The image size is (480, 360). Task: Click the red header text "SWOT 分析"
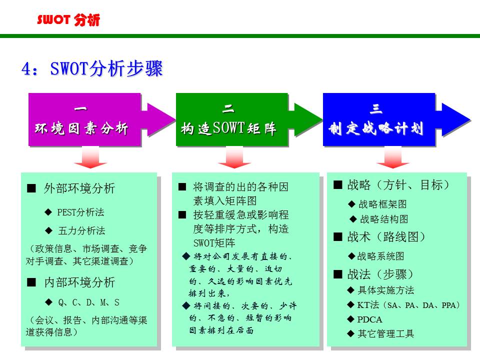68,20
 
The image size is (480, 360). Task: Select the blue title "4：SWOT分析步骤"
92,69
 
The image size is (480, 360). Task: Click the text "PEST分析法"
80,212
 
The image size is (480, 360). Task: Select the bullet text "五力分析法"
81,230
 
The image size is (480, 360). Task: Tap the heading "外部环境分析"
79,188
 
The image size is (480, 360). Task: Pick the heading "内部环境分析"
79,282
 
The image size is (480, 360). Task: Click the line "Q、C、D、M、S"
88,302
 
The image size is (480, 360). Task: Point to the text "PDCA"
369,319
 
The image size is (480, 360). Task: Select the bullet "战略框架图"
382,204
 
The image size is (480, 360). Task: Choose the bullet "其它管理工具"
385,333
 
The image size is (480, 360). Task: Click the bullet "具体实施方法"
385,290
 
